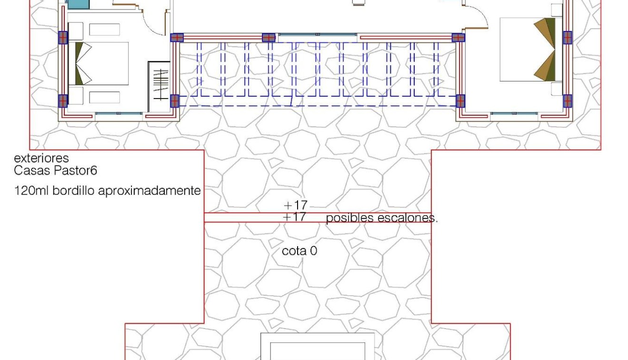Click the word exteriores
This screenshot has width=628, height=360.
click(41, 158)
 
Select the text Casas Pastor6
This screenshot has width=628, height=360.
click(56, 170)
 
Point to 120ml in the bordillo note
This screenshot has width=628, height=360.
click(32, 191)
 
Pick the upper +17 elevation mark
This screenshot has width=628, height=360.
click(295, 205)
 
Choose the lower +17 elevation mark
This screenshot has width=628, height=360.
click(295, 217)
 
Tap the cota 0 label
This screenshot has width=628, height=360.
click(299, 251)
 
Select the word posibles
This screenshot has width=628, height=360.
click(349, 219)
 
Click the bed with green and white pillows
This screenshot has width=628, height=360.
click(99, 63)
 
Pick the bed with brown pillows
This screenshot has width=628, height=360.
click(528, 49)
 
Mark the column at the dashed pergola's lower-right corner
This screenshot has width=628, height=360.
click(460, 101)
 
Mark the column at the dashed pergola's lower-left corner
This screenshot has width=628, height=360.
click(175, 101)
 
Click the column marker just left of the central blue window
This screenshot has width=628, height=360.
click(269, 38)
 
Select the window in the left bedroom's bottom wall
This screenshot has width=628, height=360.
click(119, 114)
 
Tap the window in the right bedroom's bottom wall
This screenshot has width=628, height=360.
click(514, 114)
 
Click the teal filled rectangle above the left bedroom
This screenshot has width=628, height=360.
click(78, 4)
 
